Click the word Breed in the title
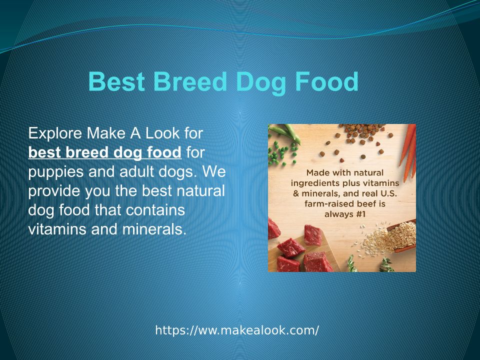(190, 81)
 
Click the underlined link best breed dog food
(104, 152)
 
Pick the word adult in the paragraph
(136, 171)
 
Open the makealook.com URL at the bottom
(237, 330)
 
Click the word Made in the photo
(318, 172)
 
